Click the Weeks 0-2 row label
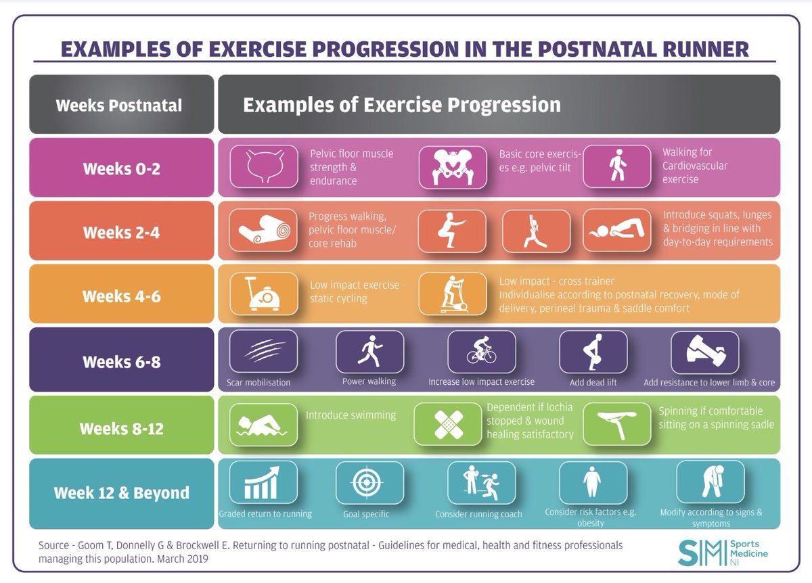point(122,168)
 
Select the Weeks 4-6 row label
point(122,296)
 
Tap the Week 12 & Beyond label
point(122,493)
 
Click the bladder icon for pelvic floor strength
point(264,166)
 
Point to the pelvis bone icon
point(452,166)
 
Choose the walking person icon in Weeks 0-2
point(616,166)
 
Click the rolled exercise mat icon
point(264,230)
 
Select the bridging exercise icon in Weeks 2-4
point(616,230)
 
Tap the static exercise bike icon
point(264,294)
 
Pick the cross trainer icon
point(452,294)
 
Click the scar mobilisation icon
point(263,351)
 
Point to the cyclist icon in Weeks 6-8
point(481,351)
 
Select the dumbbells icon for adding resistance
point(704,351)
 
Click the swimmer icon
point(264,423)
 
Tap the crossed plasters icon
point(447,423)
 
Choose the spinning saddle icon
point(616,423)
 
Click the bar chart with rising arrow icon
point(263,482)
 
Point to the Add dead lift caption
point(593,382)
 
